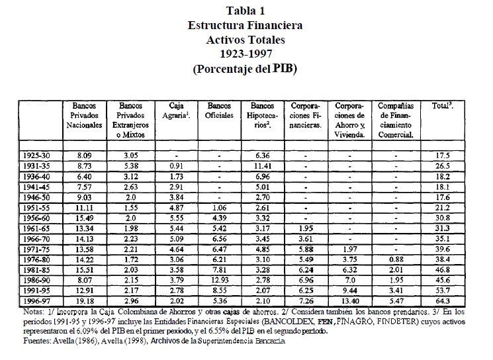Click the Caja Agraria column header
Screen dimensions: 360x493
point(173,111)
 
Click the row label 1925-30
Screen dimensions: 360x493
point(38,155)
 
